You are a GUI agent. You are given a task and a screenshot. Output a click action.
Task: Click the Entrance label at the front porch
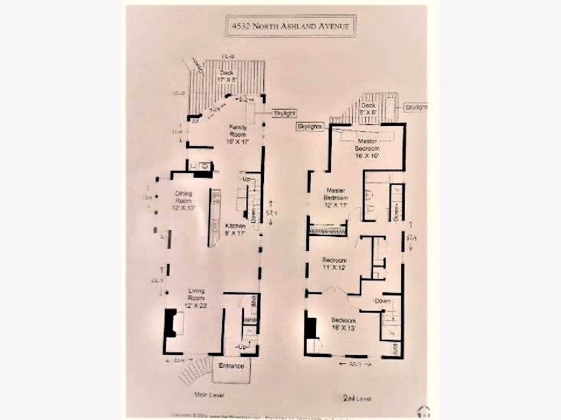[231, 366]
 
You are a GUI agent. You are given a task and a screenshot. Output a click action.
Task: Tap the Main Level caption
[209, 395]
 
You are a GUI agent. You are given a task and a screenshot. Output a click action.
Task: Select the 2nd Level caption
[357, 398]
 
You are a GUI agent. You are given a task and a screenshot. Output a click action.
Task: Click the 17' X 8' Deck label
[228, 76]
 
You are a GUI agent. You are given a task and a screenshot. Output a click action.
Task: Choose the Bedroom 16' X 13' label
[344, 324]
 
